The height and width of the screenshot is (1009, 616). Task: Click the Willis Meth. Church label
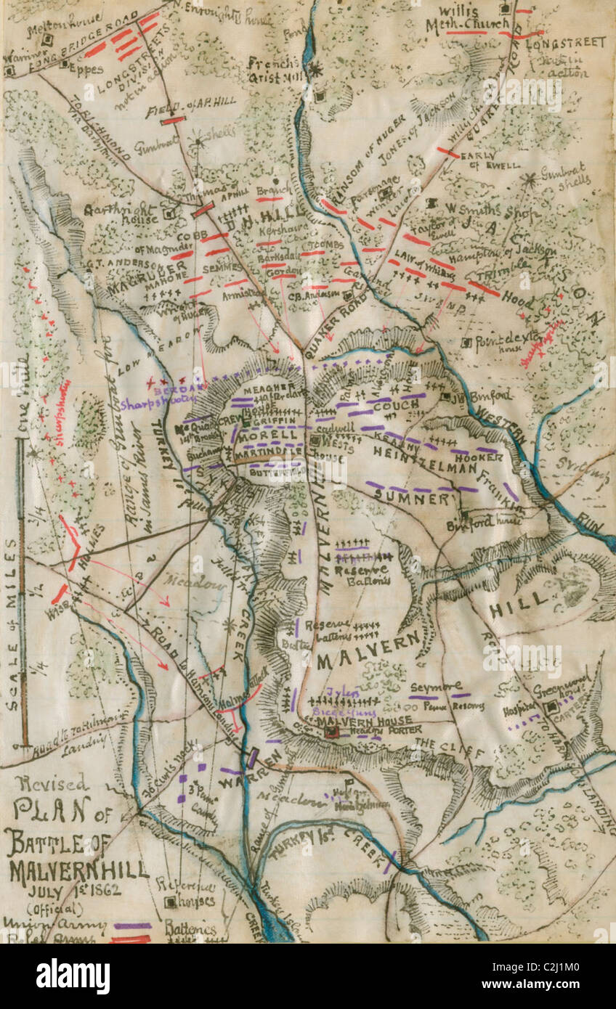click(x=477, y=18)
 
